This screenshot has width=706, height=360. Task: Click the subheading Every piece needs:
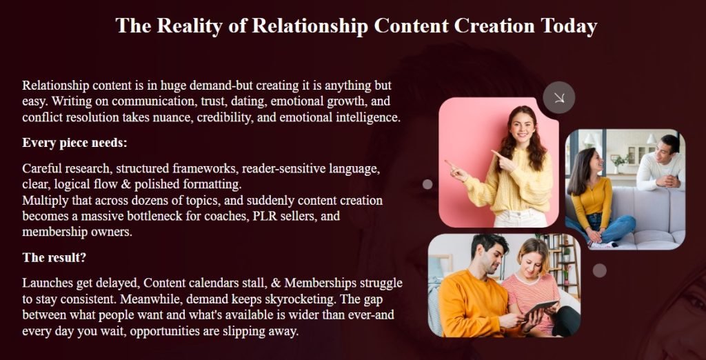[x=74, y=143]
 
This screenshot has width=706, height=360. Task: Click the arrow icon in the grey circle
[x=559, y=97]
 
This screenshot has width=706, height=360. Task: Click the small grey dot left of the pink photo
[x=427, y=184]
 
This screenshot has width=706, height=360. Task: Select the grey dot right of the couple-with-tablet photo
[x=600, y=270]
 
